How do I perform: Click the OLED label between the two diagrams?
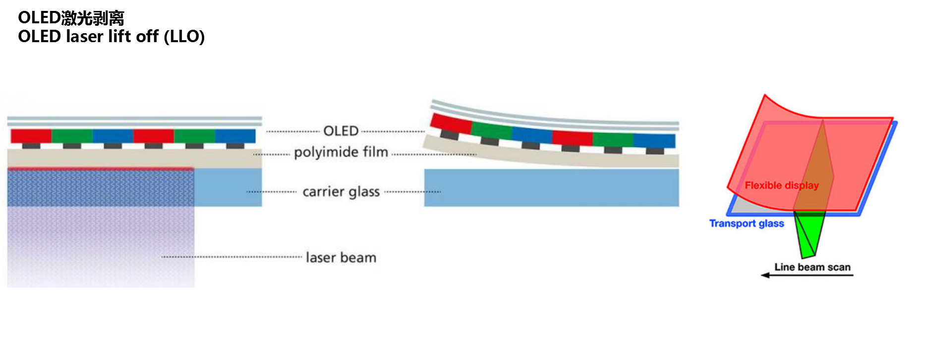(341, 131)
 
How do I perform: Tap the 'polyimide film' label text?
(341, 152)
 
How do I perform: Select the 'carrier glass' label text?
(341, 192)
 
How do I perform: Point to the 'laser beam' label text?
(341, 258)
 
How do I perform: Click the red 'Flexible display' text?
(781, 185)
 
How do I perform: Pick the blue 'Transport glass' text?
(747, 224)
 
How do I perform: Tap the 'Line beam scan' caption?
(812, 267)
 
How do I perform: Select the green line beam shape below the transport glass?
(808, 233)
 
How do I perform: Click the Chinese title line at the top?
(71, 18)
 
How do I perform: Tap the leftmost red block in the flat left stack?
(31, 136)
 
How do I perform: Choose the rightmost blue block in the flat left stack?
(235, 136)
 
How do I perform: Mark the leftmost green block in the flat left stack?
(72, 136)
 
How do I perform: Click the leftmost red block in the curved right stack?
(451, 123)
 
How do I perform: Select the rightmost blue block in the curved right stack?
(654, 140)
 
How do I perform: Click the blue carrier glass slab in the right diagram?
(551, 188)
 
